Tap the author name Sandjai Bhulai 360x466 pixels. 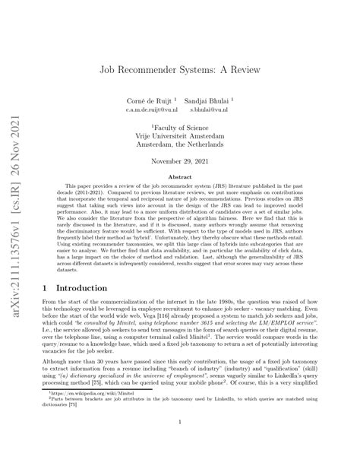click(x=213, y=100)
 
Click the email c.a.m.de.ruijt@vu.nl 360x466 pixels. click(x=150, y=109)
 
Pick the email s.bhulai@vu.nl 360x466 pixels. click(x=214, y=109)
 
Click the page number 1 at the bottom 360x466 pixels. click(x=180, y=443)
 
